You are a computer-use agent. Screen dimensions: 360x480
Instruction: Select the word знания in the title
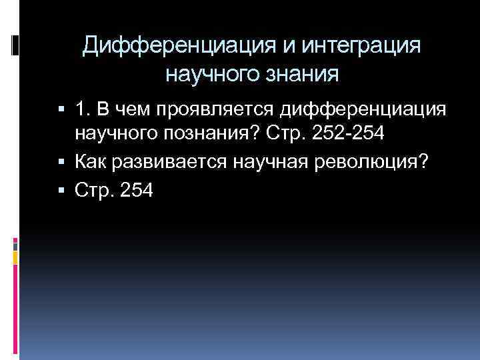[x=302, y=74]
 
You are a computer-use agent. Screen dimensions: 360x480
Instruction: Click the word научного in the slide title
[x=211, y=74]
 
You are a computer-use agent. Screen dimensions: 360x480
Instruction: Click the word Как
[x=91, y=163]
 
